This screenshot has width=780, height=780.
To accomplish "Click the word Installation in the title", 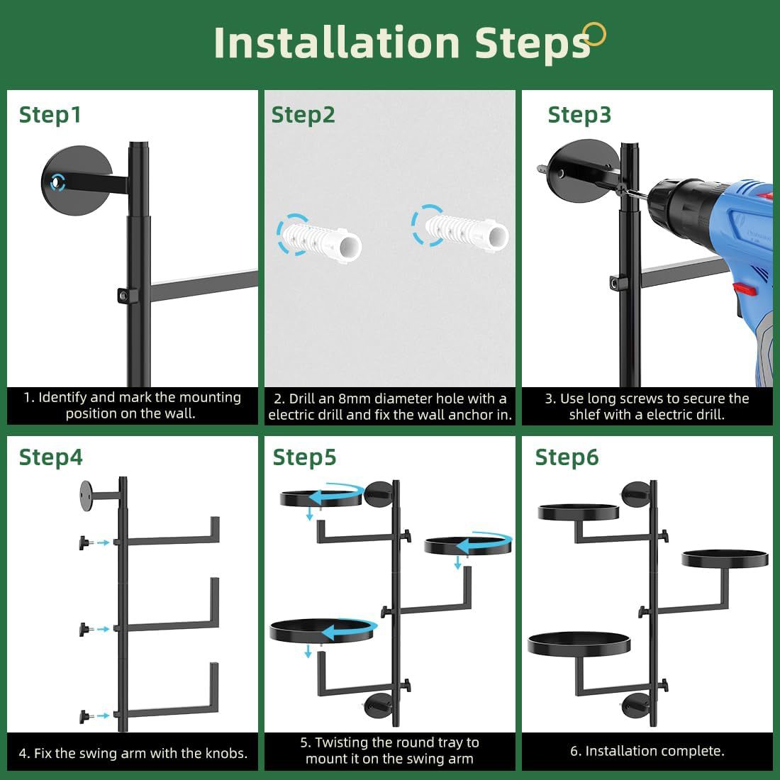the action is (337, 43).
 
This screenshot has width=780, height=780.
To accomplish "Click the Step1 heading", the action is (50, 115).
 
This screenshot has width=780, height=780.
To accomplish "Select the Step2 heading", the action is (303, 116).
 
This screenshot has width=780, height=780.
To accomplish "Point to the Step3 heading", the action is (579, 116).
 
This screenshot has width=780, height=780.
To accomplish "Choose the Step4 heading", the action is (51, 457).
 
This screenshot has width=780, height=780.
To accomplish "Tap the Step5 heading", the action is (304, 457).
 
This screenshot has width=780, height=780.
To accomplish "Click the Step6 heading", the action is (567, 457).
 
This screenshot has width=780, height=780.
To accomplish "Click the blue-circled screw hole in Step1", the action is (57, 182).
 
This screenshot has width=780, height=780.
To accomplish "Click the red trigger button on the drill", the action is (744, 288).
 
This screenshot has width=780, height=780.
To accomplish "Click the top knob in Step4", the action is (85, 542).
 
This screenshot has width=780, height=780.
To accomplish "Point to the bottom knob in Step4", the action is (85, 717).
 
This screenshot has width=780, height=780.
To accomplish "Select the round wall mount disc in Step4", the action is (87, 496).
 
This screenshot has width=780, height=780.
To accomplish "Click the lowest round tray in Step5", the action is (323, 631).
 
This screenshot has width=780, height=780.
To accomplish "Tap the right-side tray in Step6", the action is (725, 559).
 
